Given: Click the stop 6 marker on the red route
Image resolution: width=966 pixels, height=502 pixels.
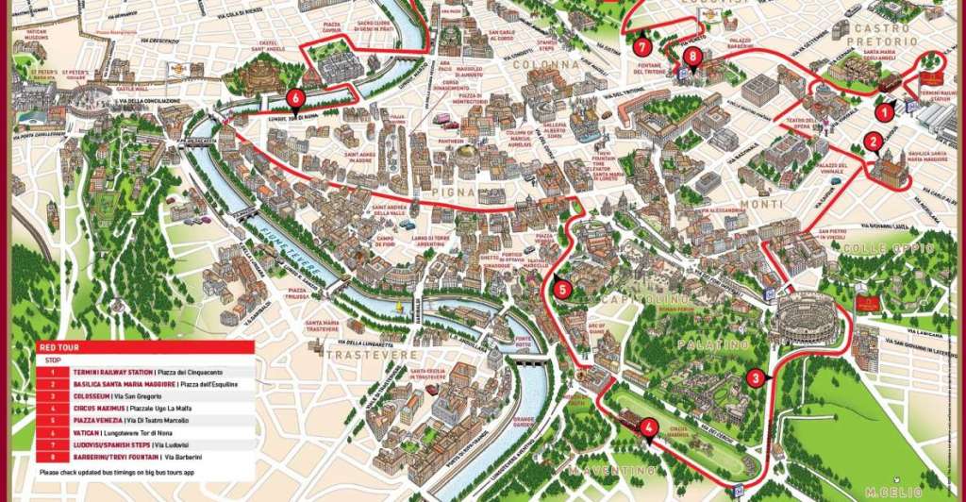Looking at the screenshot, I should click(296, 97).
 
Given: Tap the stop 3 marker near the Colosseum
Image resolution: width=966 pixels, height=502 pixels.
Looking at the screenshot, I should click(754, 378).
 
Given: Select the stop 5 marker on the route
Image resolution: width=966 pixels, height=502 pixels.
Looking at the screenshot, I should click(562, 290).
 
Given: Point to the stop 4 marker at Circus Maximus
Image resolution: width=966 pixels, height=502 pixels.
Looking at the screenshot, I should click(647, 426).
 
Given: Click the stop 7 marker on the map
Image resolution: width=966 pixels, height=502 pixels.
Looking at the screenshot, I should click(642, 45).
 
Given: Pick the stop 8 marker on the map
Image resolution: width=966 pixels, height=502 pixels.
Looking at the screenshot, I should click(694, 57).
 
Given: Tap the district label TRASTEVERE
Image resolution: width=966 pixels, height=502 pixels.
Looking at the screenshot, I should click(371, 354).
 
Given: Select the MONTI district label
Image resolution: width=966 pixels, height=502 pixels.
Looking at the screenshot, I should click(761, 204).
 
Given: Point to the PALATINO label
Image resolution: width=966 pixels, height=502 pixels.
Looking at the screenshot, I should click(711, 345).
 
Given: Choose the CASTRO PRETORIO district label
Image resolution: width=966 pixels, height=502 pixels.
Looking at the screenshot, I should click(881, 35).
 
